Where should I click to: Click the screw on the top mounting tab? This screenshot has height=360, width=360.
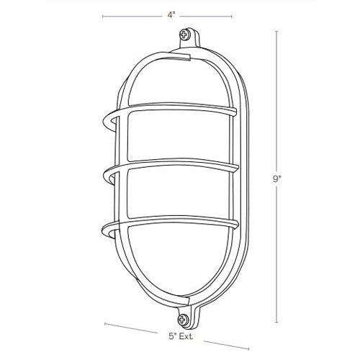click(x=188, y=35)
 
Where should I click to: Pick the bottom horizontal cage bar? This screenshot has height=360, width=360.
click(x=173, y=225)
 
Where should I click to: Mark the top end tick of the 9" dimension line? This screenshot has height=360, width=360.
click(x=277, y=30)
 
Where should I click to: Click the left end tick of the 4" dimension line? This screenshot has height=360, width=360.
click(x=102, y=16)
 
